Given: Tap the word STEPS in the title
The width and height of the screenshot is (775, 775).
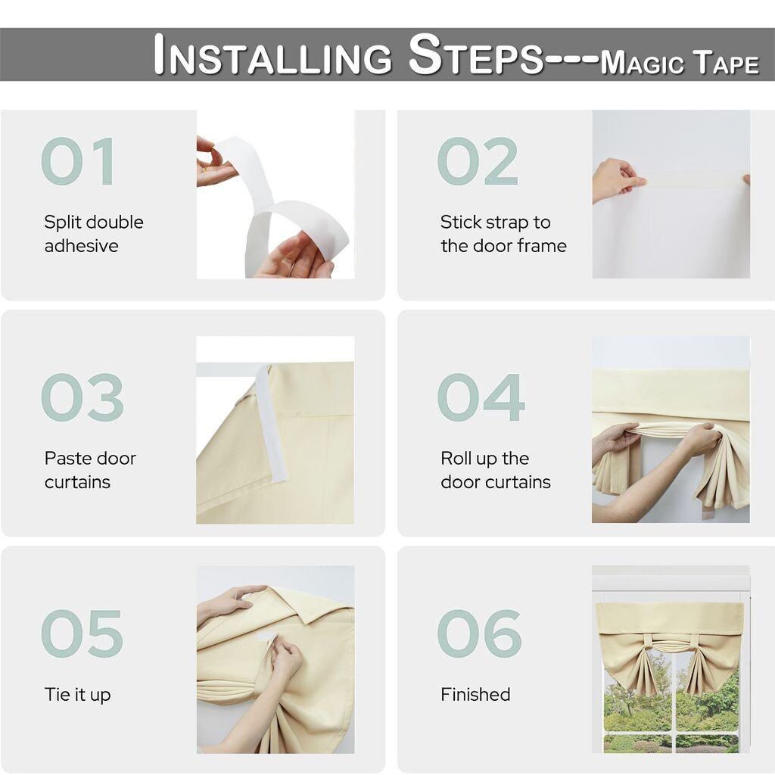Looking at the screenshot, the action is tap(476, 54).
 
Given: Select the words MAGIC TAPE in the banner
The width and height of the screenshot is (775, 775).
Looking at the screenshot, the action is tap(680, 62).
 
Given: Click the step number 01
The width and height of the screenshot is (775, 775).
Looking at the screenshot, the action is tap(78, 161).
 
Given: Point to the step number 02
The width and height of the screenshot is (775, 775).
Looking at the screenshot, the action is tap(478, 161).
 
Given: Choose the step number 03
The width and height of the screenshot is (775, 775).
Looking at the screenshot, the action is tap(82, 397).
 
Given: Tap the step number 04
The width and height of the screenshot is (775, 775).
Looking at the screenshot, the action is tap(481, 397).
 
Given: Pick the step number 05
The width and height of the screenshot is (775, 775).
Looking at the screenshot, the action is tap(82, 633).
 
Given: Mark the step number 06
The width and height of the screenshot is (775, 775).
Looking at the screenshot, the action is tap(479, 633).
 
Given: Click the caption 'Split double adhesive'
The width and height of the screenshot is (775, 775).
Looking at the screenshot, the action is tap(94, 234).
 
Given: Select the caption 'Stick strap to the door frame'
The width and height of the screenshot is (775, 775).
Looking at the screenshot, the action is tap(503, 234).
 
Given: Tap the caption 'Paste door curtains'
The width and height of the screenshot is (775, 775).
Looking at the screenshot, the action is tap(90, 470).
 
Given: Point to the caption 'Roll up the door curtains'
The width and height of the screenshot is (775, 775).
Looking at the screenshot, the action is tap(496, 470).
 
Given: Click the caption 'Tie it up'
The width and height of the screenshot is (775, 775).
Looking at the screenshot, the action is tap(78, 695).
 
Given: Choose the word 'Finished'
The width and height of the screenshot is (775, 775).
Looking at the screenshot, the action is tap(475, 695).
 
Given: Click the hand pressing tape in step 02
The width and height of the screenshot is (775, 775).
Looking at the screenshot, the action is tap(618, 179).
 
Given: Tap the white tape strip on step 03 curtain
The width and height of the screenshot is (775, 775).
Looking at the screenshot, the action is tap(270, 423).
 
